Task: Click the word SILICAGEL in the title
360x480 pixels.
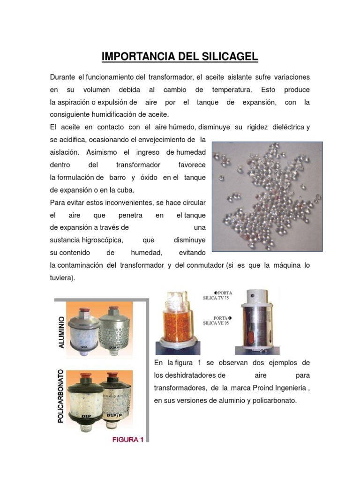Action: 227,57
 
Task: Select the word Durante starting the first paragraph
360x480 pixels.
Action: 63,76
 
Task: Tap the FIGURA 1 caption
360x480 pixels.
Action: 127,439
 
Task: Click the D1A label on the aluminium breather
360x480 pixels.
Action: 85,348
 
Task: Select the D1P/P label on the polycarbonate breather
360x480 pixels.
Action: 115,415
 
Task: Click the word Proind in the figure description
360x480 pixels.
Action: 254,388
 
